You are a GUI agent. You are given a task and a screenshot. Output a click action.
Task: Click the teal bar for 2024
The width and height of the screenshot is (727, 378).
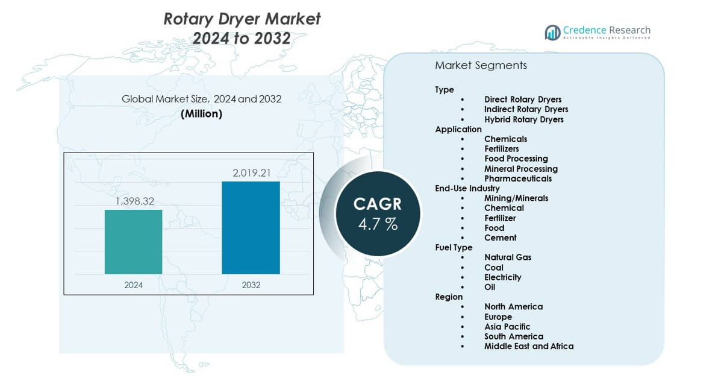(x=133, y=242)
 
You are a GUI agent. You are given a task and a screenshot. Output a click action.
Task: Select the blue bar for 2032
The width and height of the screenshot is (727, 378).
(x=251, y=227)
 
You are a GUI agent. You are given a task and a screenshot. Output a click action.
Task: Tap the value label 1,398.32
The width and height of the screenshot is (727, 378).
(x=135, y=201)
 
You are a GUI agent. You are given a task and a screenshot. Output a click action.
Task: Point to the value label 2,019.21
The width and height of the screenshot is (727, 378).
(x=252, y=173)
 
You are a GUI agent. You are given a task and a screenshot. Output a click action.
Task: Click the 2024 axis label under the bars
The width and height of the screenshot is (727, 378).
(x=133, y=285)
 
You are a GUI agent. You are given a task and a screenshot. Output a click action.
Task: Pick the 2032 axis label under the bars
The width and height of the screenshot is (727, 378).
(x=251, y=285)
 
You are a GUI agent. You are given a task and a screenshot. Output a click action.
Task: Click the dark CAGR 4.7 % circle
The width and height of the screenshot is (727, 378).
(x=377, y=214)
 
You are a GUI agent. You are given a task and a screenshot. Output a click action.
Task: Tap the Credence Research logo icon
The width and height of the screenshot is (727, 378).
(x=552, y=33)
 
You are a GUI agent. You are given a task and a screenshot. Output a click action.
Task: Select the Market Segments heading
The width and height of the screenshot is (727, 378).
(x=481, y=65)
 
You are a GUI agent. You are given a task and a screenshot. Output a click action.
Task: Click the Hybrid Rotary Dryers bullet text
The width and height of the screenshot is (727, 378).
(x=523, y=119)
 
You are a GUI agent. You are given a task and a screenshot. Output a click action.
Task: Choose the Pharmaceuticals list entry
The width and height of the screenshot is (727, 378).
(x=517, y=178)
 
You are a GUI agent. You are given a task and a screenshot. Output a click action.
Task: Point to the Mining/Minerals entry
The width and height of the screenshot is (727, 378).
(x=516, y=198)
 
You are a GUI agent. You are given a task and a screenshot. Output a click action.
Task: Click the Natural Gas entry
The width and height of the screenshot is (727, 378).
(x=507, y=257)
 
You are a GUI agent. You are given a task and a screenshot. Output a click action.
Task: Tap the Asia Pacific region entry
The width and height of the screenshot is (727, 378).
(x=507, y=327)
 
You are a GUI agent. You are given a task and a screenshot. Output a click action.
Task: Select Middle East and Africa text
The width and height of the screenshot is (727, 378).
(x=528, y=346)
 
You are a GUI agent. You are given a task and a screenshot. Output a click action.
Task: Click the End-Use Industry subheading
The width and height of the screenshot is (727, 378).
(x=467, y=188)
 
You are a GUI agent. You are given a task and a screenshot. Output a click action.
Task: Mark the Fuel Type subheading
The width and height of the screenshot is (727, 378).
(x=454, y=247)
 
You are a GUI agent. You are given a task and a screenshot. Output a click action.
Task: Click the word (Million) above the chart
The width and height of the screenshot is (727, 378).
(x=201, y=113)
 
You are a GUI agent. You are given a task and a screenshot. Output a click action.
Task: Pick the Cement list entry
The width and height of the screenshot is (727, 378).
(x=500, y=238)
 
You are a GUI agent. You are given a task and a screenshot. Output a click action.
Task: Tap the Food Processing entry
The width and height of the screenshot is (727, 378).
(x=516, y=159)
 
